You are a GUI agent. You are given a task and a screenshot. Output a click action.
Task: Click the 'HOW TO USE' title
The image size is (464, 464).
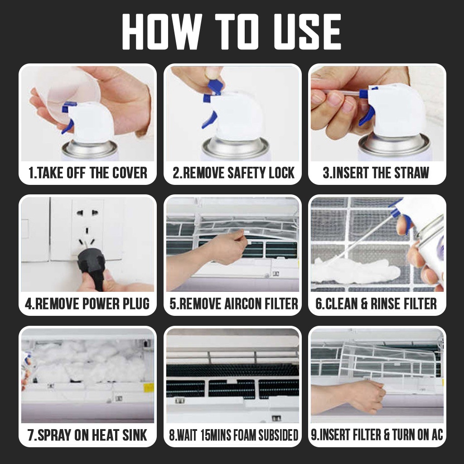(x=232, y=32)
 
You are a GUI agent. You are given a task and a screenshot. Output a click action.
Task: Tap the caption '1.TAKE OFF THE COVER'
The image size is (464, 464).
(x=87, y=173)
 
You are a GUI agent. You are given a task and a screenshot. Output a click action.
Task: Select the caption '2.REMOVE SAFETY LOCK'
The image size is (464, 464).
(x=233, y=173)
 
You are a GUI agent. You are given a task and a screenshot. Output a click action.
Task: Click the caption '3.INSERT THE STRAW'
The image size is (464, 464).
(x=376, y=173)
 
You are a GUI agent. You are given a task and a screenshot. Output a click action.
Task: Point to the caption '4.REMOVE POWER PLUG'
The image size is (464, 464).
(x=87, y=304)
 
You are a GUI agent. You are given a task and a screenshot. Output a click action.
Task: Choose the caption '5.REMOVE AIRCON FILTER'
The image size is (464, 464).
(x=233, y=304)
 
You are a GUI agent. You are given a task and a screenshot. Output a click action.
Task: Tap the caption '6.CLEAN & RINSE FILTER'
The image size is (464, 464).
(x=376, y=304)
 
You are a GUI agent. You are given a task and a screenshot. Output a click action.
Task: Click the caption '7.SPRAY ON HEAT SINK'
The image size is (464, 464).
(x=87, y=435)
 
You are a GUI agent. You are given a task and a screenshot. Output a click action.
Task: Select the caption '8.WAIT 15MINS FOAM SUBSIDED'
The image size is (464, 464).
(x=233, y=435)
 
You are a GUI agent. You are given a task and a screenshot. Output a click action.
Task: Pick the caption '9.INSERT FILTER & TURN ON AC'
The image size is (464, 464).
(x=377, y=435)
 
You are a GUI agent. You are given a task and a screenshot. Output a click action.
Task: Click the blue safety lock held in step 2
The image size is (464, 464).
(x=215, y=87)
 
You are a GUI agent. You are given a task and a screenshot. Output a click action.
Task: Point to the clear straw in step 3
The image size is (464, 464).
(x=343, y=92)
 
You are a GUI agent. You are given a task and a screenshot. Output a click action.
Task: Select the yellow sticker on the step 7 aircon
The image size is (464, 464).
(x=149, y=388)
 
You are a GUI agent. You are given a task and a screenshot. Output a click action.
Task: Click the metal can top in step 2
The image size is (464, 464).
(x=236, y=148)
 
